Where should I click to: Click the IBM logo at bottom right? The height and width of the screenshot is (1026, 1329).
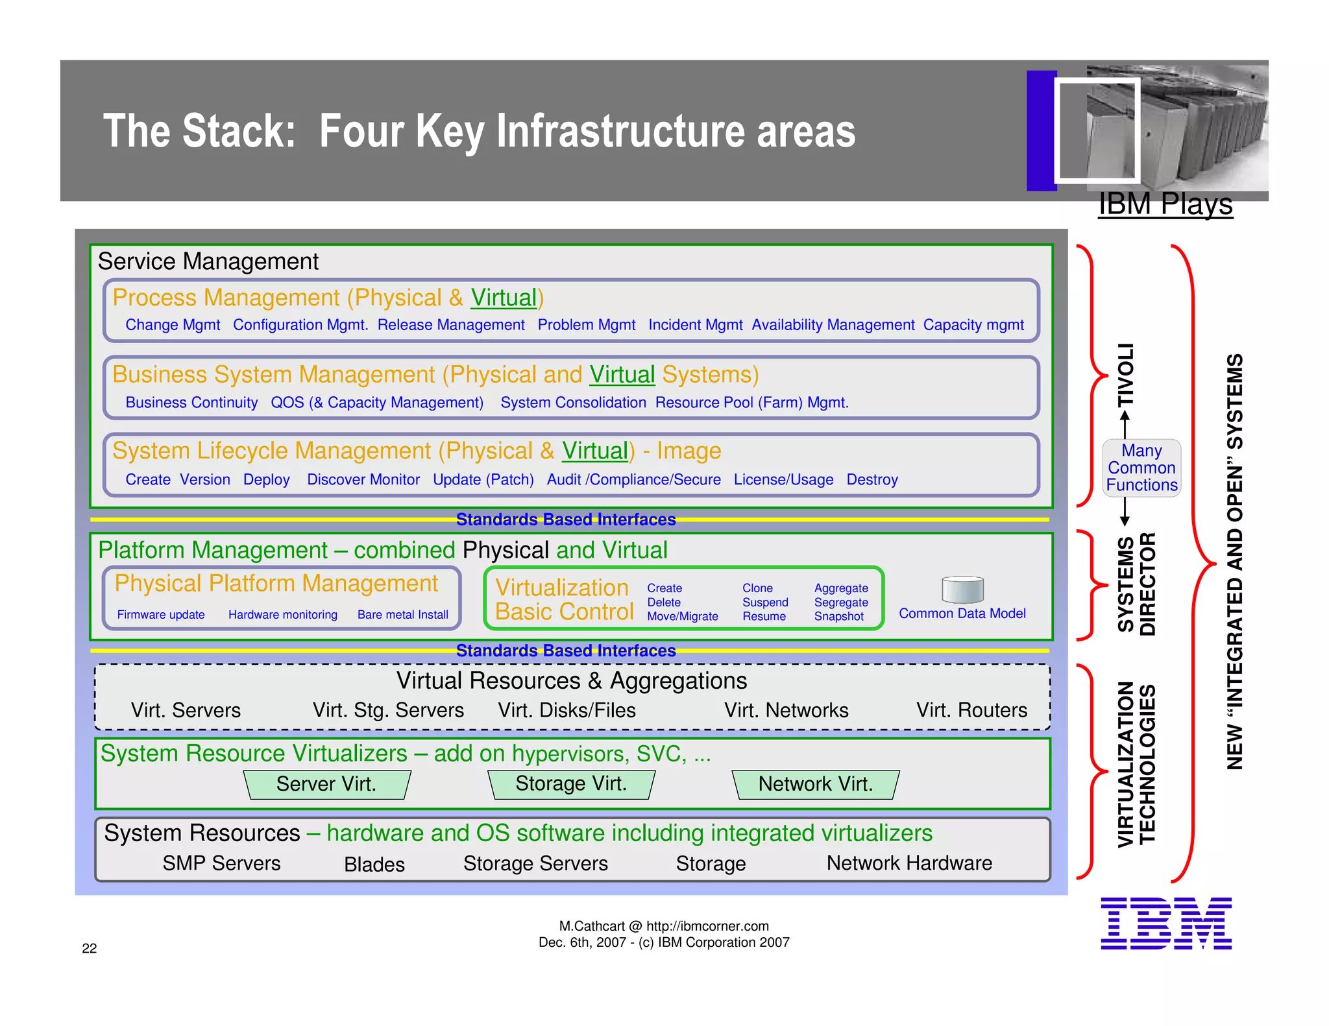coord(1165,924)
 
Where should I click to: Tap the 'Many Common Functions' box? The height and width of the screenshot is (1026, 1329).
coord(1141,468)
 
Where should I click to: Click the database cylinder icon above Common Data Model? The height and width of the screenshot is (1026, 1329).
coord(962,590)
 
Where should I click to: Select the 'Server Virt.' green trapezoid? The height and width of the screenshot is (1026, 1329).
coord(327,784)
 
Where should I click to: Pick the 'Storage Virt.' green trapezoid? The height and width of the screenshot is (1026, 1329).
coord(571,784)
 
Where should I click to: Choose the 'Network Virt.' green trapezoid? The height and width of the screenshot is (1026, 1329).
coord(816,784)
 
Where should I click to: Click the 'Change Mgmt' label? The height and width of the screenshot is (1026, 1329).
coord(173,325)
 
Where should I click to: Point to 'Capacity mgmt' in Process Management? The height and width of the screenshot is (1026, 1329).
coord(973,325)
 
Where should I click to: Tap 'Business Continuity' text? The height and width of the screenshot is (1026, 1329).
coord(191,403)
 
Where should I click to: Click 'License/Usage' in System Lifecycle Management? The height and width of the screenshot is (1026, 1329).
coord(783,480)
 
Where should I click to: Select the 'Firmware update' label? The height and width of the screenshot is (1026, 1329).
coord(161,615)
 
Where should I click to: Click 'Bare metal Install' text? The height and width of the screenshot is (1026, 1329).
coord(402,615)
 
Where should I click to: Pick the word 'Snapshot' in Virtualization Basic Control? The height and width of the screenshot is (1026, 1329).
coord(838,617)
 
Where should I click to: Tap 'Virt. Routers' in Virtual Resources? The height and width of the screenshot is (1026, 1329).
coord(971,710)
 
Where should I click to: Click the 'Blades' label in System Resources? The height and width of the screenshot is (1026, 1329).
coord(374,865)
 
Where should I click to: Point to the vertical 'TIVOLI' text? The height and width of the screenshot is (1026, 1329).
coord(1126,375)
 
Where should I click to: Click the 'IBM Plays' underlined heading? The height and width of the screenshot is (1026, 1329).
coord(1165,204)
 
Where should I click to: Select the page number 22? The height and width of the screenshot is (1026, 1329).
coord(90,949)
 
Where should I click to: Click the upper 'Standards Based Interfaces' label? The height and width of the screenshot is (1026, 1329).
coord(566,519)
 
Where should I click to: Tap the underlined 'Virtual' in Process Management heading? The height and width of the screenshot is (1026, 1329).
coord(504,298)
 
